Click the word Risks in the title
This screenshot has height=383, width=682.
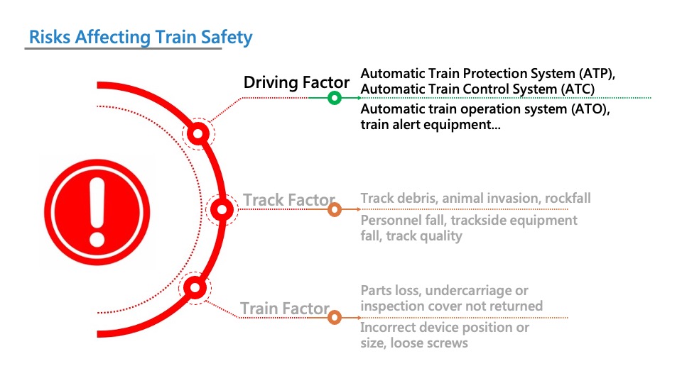(x=50, y=37)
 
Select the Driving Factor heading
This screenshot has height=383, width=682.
(x=296, y=82)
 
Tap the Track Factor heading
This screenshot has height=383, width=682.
(x=289, y=200)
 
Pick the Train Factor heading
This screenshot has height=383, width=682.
(x=284, y=309)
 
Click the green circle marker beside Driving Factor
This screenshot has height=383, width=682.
(x=334, y=98)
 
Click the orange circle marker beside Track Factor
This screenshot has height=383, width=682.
(x=334, y=210)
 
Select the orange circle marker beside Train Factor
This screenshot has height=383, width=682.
(x=334, y=318)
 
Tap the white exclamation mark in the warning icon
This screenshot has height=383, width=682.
(x=97, y=212)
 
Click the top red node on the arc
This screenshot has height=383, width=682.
(x=198, y=133)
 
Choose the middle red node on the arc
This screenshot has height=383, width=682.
(x=222, y=210)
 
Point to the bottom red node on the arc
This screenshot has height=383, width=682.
(x=195, y=287)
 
